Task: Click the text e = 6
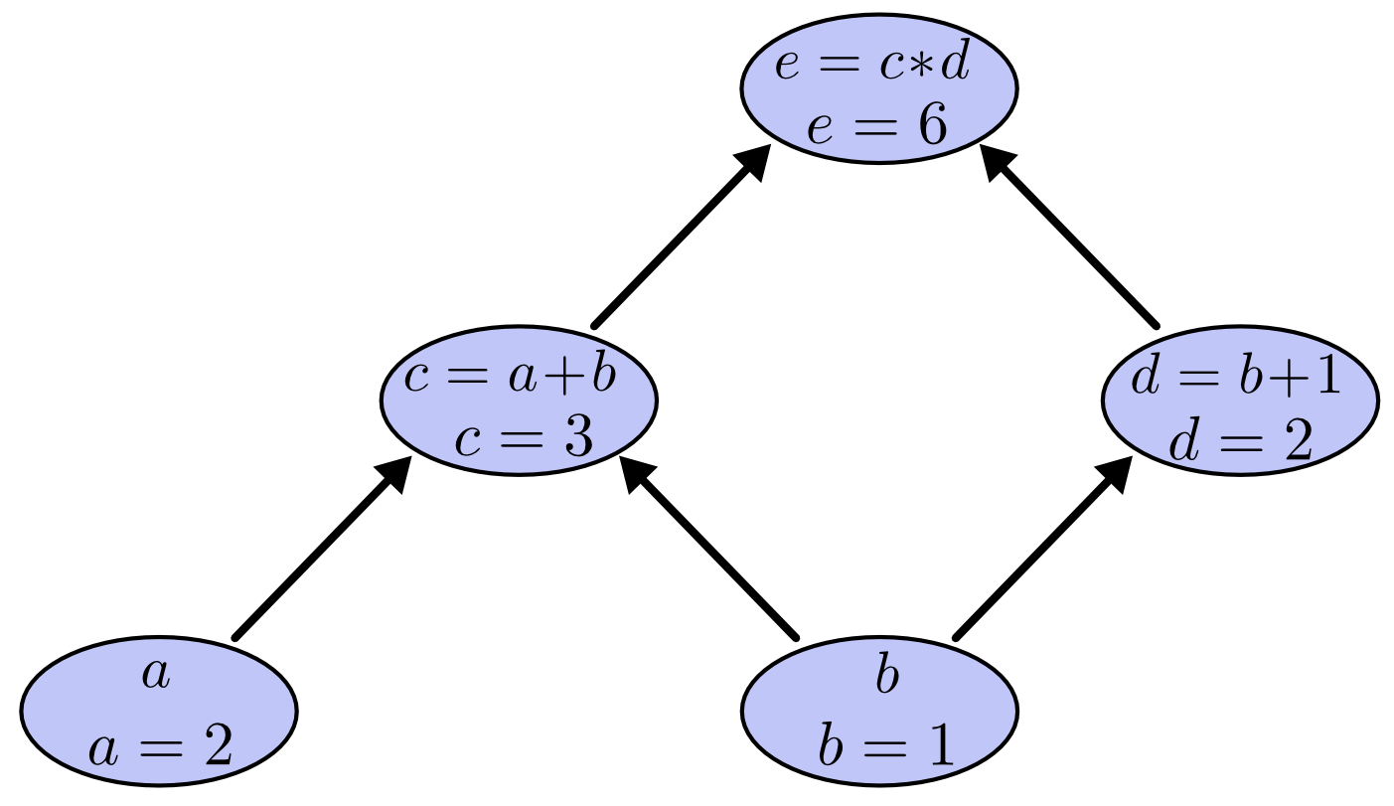(877, 127)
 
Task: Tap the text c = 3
(524, 437)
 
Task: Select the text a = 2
(160, 745)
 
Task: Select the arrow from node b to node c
(709, 551)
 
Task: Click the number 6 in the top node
(932, 127)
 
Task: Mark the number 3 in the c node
(577, 437)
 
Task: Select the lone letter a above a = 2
(157, 675)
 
